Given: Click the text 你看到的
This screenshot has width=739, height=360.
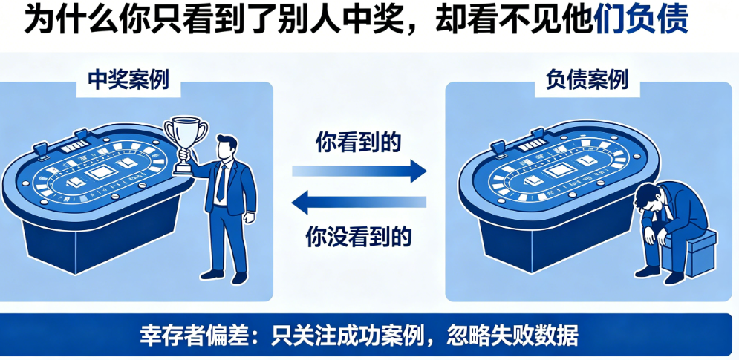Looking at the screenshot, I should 358,143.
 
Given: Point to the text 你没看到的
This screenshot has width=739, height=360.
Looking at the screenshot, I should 358,237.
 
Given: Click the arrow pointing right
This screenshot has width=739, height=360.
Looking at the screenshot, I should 359,172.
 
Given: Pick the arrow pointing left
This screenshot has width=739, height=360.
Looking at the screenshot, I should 359,201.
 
